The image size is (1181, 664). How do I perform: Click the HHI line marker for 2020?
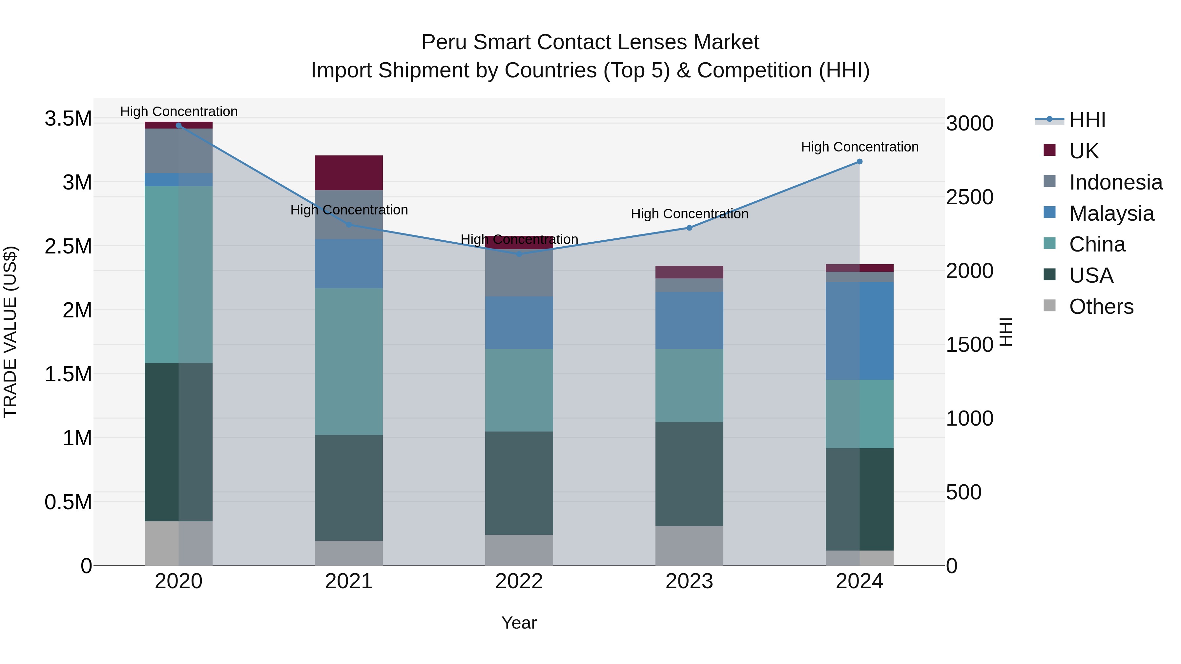179,125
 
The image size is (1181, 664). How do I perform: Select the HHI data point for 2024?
860,161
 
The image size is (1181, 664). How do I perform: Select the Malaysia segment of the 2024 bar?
860,331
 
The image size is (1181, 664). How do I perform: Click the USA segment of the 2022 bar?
519,483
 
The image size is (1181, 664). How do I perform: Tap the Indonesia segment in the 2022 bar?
519,273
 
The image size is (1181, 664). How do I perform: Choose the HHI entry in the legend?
1087,120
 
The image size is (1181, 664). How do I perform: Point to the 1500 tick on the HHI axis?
969,345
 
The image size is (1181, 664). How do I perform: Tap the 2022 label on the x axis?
519,581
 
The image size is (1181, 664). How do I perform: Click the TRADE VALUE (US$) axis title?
10,332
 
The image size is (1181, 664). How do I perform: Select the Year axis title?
519,623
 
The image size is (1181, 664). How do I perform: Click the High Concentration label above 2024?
860,147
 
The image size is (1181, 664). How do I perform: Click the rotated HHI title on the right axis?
1005,332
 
